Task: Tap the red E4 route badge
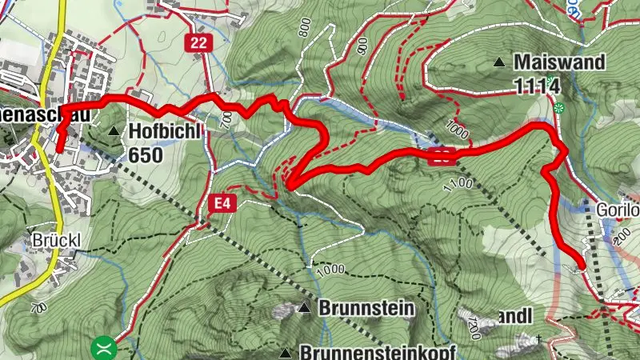coord(222,205)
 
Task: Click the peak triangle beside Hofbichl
coord(114,131)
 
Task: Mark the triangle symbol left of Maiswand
coord(500,62)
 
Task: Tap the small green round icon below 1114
coord(559,107)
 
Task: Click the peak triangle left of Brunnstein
coord(304,308)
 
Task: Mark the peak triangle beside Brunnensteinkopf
coord(285,352)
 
